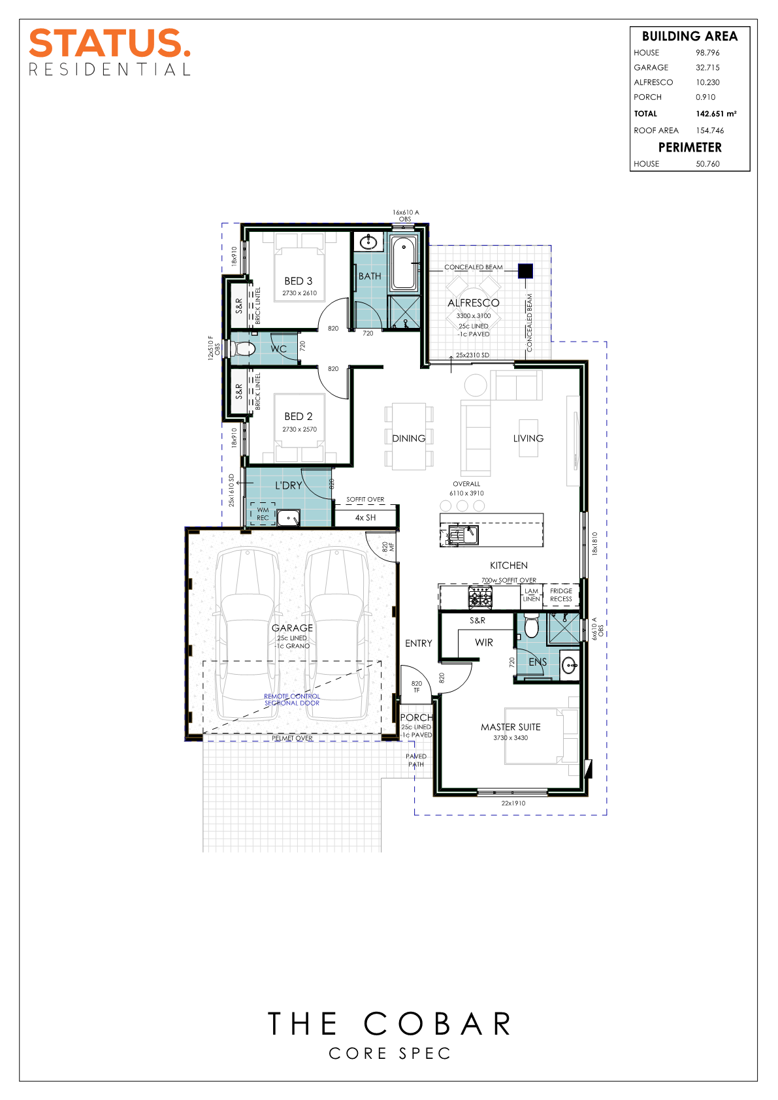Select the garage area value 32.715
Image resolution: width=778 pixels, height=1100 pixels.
click(707, 68)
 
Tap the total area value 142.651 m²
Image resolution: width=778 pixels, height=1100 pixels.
click(716, 114)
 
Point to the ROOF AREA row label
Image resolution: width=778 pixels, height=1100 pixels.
click(656, 131)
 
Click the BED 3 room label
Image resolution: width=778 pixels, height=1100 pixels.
click(298, 281)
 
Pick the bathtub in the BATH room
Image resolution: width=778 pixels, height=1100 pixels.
click(404, 263)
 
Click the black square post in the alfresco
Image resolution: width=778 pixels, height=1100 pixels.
click(526, 270)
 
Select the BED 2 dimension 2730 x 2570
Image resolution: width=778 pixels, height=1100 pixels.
click(299, 429)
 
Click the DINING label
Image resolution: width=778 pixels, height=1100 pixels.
click(409, 438)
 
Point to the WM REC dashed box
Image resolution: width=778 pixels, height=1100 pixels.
click(263, 513)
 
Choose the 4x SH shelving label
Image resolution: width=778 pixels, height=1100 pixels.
click(365, 517)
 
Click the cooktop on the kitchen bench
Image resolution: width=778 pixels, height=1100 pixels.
click(480, 598)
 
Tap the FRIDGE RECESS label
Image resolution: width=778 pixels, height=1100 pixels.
click(561, 595)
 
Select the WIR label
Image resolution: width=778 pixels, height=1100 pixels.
click(484, 642)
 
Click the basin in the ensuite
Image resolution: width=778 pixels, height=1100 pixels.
click(569, 666)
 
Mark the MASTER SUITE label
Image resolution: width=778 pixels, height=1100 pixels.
click(510, 727)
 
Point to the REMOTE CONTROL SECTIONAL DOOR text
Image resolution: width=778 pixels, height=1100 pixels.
click(292, 700)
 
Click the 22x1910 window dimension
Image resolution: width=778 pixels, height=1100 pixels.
click(513, 803)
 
